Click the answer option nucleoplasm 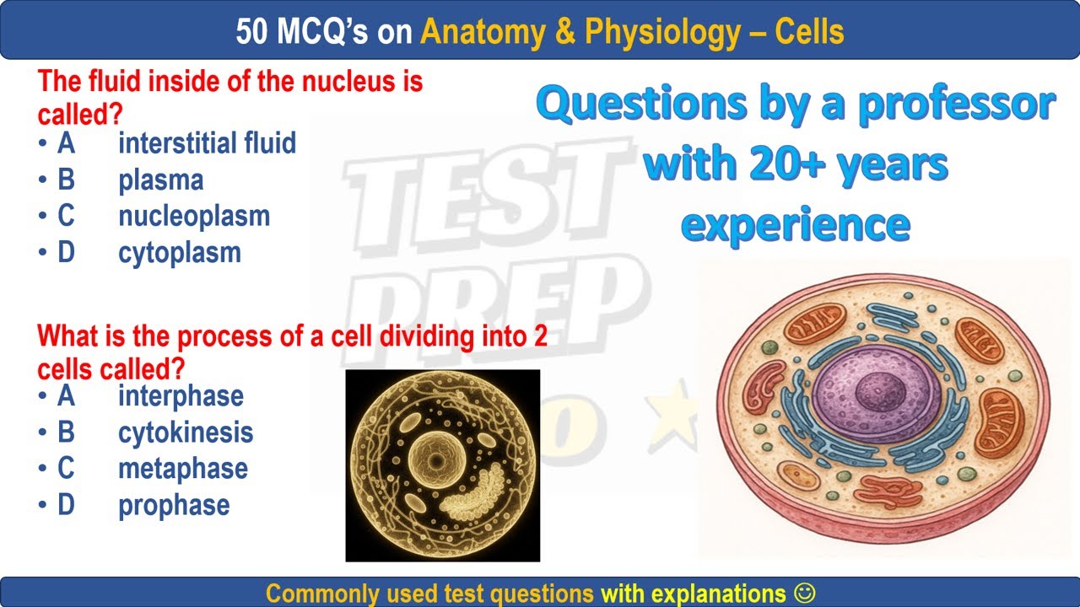tap(194, 216)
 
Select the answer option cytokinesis tap(186, 432)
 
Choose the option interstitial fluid tap(207, 143)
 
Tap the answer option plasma tap(160, 180)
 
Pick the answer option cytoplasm tap(179, 252)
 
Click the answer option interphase tap(181, 395)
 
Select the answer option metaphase tap(182, 469)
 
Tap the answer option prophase tap(174, 505)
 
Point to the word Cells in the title tap(809, 32)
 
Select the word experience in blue tap(795, 224)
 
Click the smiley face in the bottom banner tap(805, 593)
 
